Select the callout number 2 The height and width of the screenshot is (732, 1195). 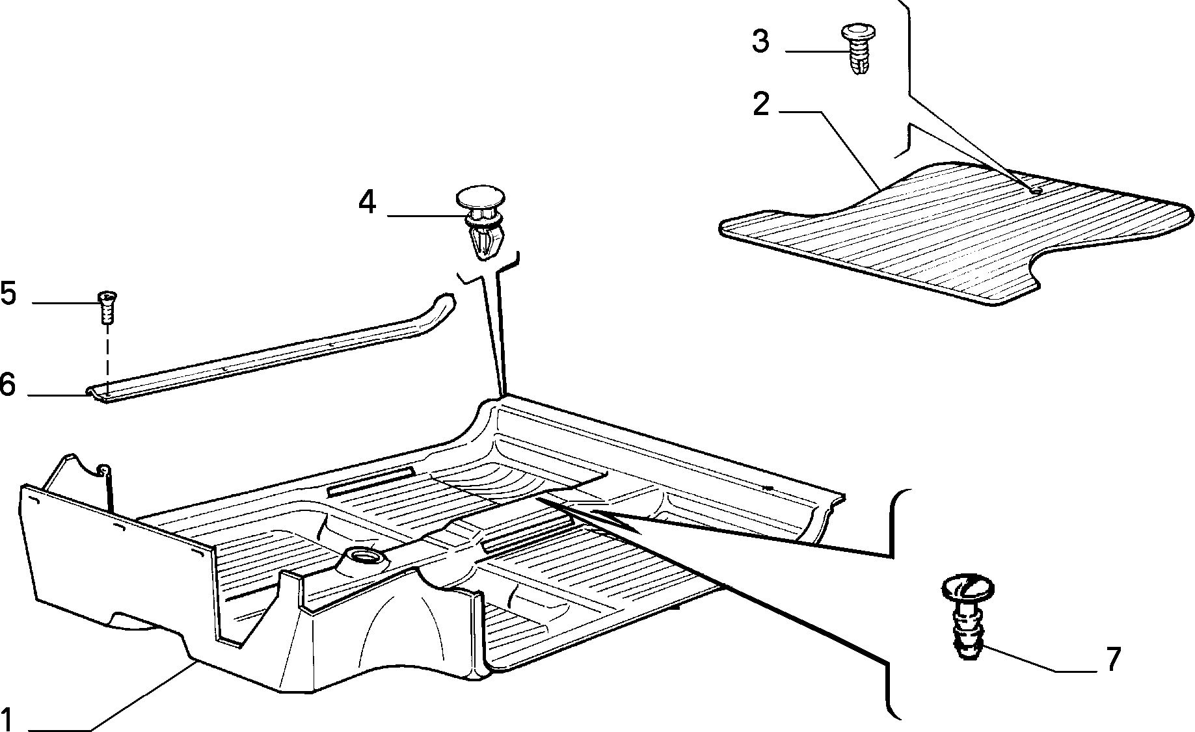761,105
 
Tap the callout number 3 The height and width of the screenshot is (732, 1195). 760,41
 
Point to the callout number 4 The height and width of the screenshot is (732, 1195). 367,202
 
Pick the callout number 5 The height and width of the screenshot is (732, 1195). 8,294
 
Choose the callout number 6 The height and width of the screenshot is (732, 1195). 7,385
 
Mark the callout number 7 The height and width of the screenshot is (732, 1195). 1114,660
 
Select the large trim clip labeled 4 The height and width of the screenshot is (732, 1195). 481,222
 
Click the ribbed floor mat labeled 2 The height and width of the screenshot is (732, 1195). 956,234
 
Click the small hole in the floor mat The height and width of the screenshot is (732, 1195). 1036,189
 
